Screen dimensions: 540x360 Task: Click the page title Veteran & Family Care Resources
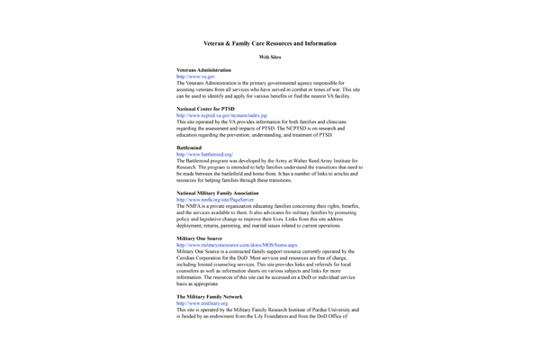pos(270,43)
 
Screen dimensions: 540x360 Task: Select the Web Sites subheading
pos(270,57)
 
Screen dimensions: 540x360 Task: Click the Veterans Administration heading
pos(203,70)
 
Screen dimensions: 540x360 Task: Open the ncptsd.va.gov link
pos(221,114)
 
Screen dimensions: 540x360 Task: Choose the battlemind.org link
pos(206,154)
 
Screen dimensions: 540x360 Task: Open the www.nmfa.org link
pos(214,199)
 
